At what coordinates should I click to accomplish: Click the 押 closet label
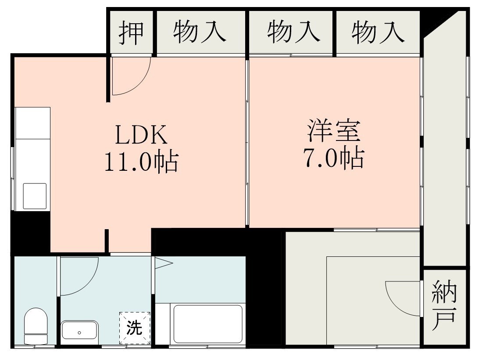click(131, 32)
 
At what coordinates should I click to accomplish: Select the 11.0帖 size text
click(141, 162)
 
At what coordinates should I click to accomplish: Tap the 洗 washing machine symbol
click(135, 328)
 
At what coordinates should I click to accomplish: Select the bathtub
click(208, 324)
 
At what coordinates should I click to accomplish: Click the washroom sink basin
click(79, 330)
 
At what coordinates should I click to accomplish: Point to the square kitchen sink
click(35, 196)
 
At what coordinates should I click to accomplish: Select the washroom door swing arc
click(79, 277)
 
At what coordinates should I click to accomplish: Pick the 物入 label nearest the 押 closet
click(200, 32)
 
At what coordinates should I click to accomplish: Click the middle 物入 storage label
click(292, 32)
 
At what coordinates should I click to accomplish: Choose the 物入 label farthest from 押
click(378, 32)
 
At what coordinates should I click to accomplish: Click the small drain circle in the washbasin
click(79, 332)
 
